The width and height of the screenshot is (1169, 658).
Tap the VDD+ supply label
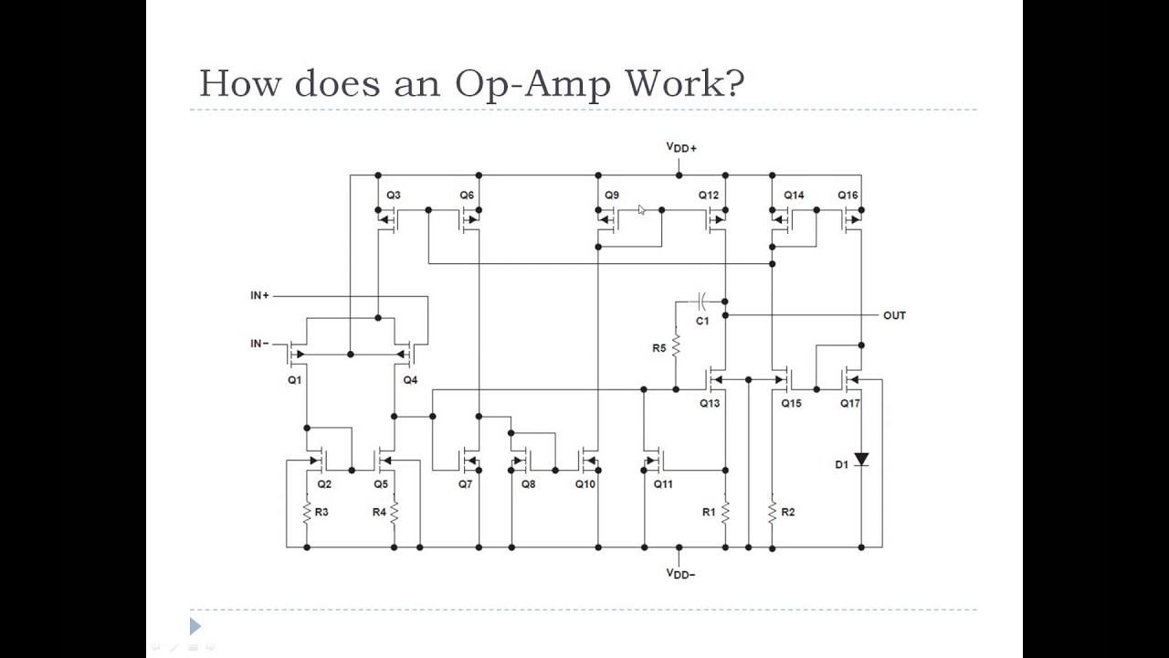coord(681,147)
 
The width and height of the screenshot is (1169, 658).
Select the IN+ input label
coord(259,295)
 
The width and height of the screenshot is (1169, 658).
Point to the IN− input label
coord(259,344)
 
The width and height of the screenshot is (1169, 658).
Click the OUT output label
coord(894,315)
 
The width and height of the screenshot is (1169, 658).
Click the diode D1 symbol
coord(861,461)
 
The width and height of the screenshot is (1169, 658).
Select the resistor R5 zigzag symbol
coord(676,347)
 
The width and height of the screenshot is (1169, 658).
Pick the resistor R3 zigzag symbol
coord(307,513)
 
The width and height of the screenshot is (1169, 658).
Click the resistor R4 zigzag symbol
coord(395,513)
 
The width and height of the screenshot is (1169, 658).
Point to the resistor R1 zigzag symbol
coord(725,512)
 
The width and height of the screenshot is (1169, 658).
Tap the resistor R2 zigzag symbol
coord(773,512)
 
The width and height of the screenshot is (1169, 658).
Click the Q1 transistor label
coord(294,380)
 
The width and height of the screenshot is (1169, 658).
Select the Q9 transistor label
coord(611,196)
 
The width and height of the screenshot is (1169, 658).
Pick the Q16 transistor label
coord(848,196)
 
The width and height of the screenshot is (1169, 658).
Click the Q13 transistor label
coord(710,403)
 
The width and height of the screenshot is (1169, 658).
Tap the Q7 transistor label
coord(465,484)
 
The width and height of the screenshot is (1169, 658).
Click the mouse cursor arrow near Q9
coord(642,210)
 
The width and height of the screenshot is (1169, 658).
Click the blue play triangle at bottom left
coord(195,626)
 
